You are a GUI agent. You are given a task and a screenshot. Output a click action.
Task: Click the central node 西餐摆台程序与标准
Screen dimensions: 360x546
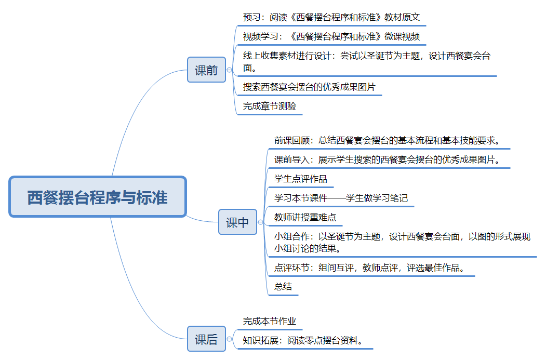click(97, 197)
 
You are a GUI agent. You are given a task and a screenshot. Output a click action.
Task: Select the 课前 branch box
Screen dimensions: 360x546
click(206, 70)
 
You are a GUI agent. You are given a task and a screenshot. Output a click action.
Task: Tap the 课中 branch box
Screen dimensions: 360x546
click(237, 222)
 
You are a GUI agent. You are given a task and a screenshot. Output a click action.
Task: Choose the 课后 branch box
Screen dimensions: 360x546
click(206, 340)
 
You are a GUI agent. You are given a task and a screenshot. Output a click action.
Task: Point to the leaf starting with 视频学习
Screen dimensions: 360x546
click(331, 37)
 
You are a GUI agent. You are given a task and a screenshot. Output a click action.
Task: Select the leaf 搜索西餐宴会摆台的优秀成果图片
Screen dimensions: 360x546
click(309, 87)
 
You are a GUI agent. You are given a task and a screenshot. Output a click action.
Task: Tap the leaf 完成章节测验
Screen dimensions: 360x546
click(269, 106)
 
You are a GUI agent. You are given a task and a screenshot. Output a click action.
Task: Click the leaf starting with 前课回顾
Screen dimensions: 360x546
click(387, 140)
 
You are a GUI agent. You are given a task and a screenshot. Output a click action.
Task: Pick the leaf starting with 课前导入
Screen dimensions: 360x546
click(387, 159)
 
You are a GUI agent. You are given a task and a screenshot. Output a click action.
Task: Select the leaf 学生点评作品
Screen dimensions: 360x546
click(301, 179)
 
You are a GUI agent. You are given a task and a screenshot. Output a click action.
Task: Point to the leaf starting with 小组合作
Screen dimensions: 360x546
click(402, 242)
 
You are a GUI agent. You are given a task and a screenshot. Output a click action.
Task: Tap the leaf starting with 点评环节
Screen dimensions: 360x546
click(369, 268)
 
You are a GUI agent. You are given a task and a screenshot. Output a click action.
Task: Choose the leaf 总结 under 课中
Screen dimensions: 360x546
click(283, 287)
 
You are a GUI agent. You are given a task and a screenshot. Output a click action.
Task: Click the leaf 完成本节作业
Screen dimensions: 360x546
click(269, 322)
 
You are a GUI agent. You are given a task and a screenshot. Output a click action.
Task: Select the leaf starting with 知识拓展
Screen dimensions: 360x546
click(302, 341)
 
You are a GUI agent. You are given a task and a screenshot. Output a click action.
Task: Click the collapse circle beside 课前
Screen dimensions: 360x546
click(230, 70)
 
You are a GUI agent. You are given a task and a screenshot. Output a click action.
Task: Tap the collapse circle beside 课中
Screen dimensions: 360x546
click(261, 222)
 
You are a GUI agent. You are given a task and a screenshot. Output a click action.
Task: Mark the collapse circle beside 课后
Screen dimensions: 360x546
click(230, 340)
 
